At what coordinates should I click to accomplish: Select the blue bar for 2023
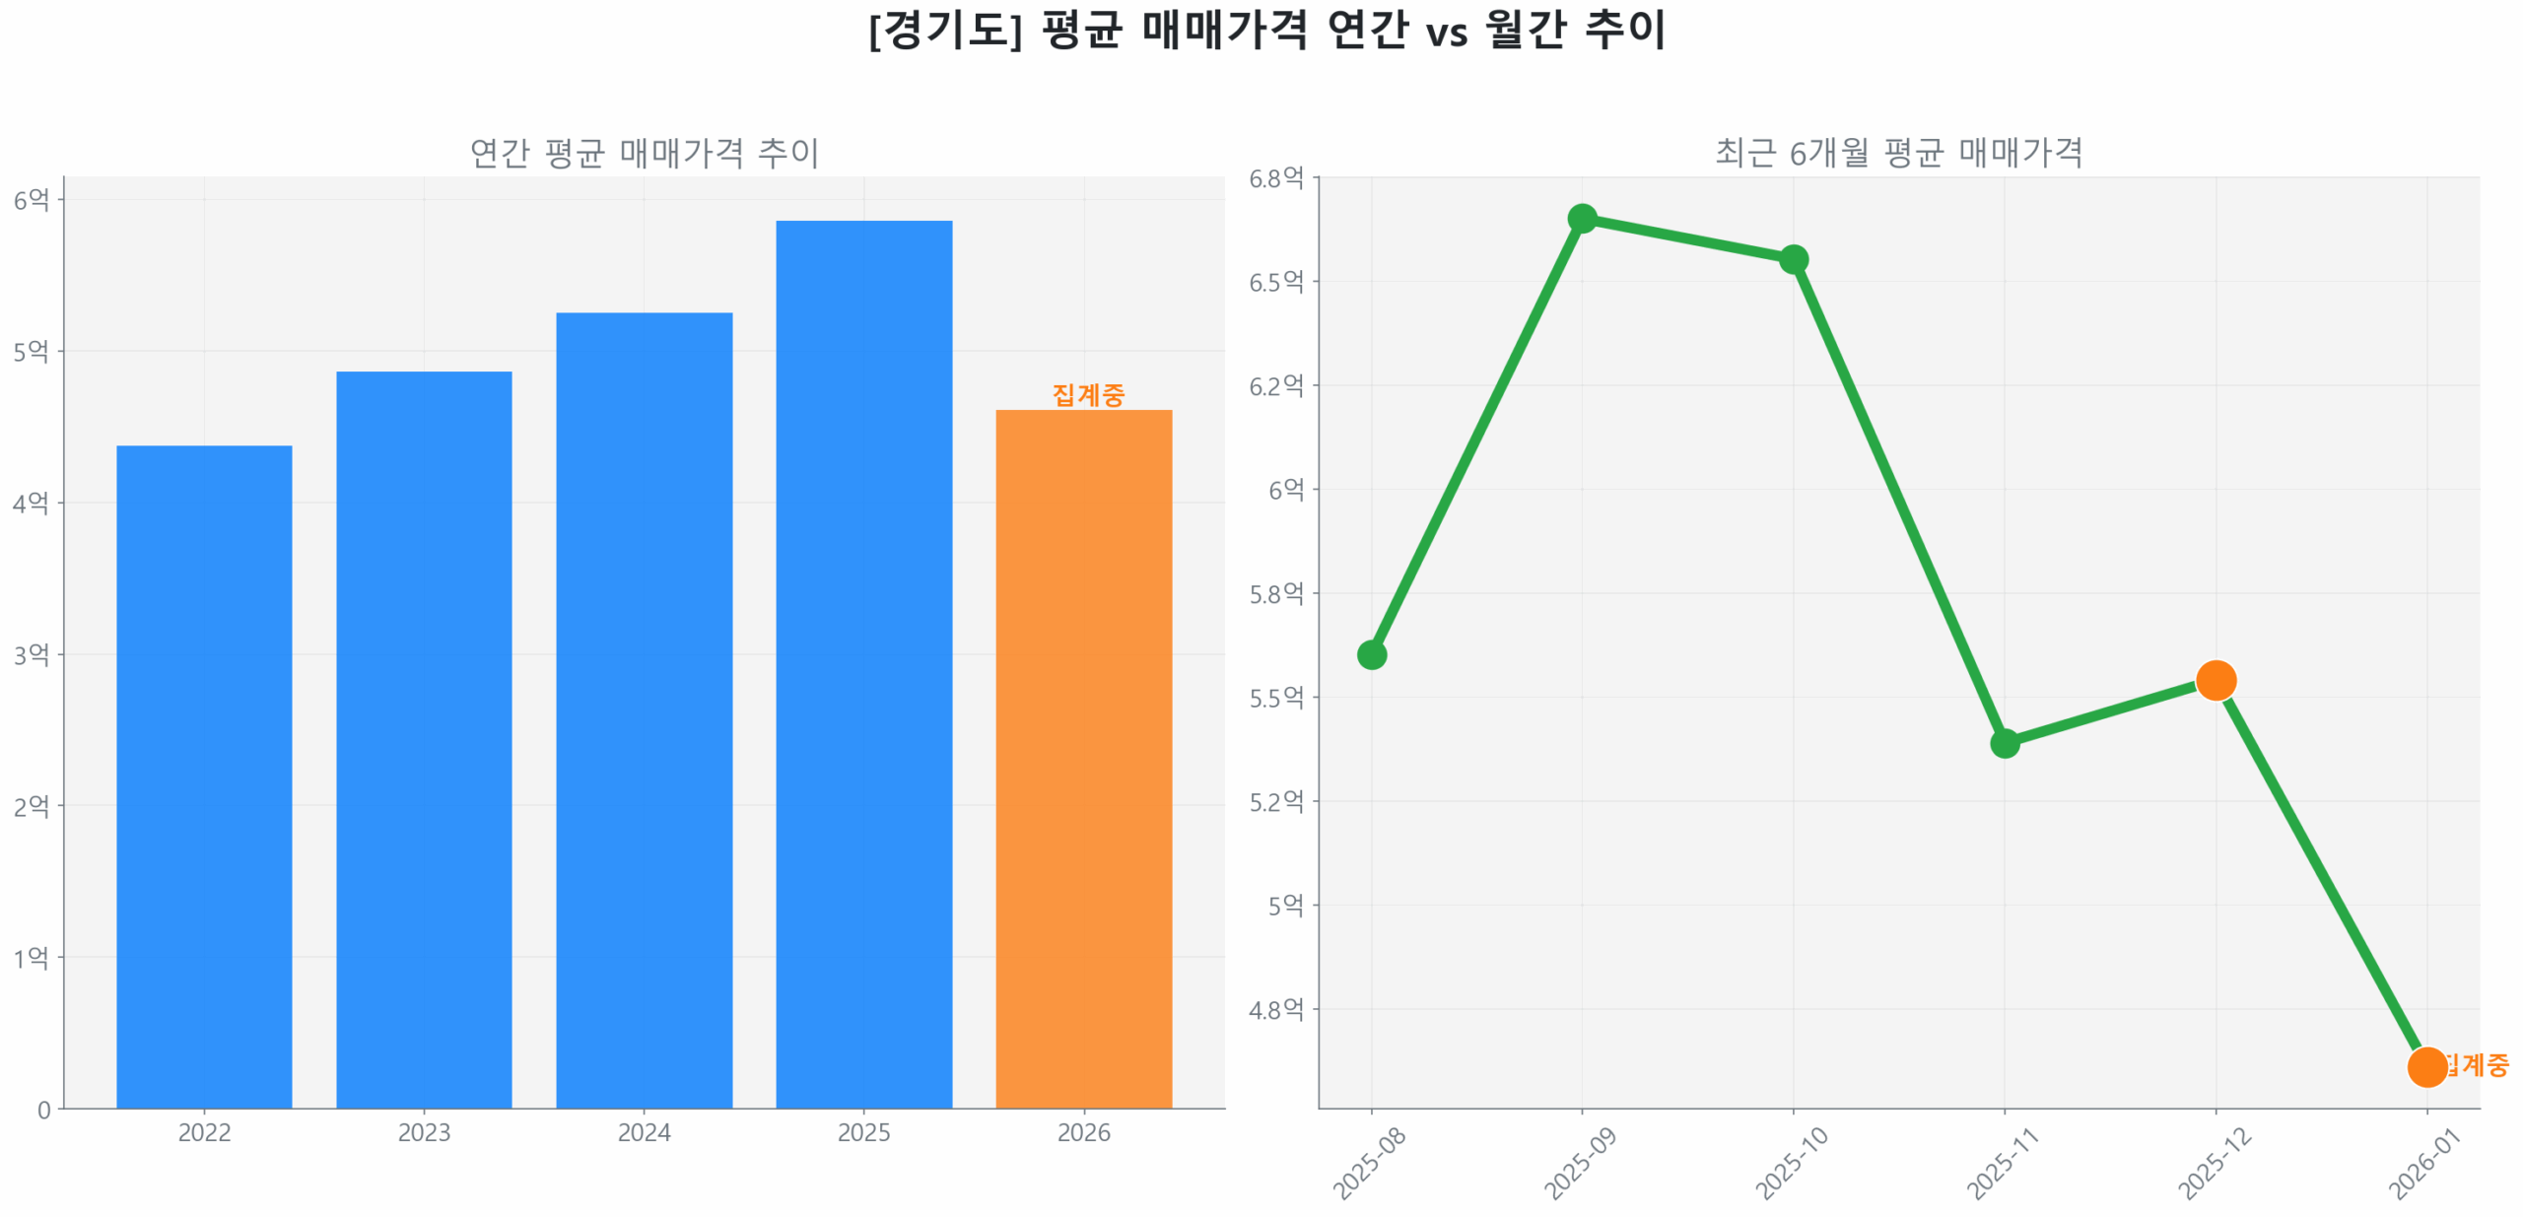coord(424,739)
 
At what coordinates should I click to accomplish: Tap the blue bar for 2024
coord(644,710)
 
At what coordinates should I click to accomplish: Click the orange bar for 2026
coord(1083,758)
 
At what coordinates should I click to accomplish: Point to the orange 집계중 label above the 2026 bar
coord(1088,394)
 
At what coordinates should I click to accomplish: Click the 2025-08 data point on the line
coord(1371,654)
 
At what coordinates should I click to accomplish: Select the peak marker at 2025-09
coord(1582,218)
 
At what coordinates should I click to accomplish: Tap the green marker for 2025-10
coord(1793,259)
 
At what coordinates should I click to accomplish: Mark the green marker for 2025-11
coord(2005,742)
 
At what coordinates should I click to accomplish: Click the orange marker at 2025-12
coord(2216,680)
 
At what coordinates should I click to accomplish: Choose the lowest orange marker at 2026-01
coord(2426,1066)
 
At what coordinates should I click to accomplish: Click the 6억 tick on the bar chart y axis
coord(31,200)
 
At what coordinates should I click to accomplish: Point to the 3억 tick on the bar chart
coord(31,654)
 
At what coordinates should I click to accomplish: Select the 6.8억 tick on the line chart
coord(1276,178)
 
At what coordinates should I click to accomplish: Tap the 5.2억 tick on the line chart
coord(1276,802)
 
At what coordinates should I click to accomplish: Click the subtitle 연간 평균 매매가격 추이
coord(644,153)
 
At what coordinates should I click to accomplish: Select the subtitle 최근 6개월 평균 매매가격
coord(1898,153)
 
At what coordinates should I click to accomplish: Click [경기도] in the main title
coord(944,30)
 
